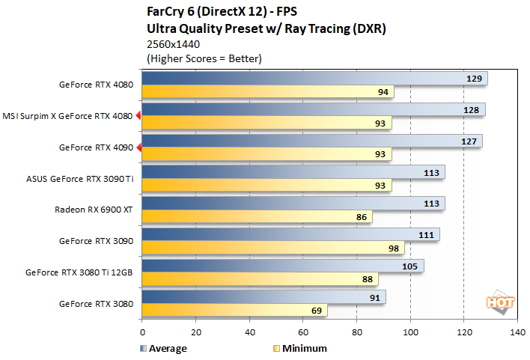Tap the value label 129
[x=474, y=79]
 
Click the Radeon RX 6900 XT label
[x=94, y=210]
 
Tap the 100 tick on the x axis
[x=410, y=333]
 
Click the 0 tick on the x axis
[x=141, y=333]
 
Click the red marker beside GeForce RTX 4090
[x=138, y=147]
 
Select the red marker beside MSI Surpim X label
[x=138, y=116]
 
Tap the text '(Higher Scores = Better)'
[x=204, y=58]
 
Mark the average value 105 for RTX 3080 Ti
[x=409, y=266]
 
